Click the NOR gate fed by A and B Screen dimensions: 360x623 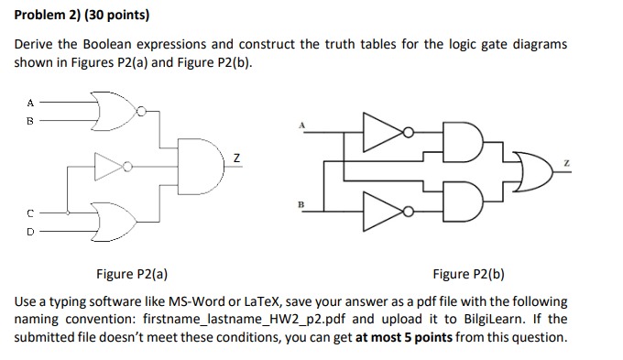click(x=111, y=110)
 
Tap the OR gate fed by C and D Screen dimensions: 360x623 click(x=111, y=218)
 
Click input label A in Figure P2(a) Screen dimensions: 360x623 click(x=28, y=103)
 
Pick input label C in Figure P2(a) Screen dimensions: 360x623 click(x=28, y=212)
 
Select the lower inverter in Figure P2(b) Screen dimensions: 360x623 click(x=379, y=212)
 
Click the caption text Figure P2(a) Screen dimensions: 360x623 click(x=132, y=274)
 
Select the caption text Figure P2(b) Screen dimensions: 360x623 click(x=468, y=274)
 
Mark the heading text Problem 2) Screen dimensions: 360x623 click(x=44, y=16)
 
